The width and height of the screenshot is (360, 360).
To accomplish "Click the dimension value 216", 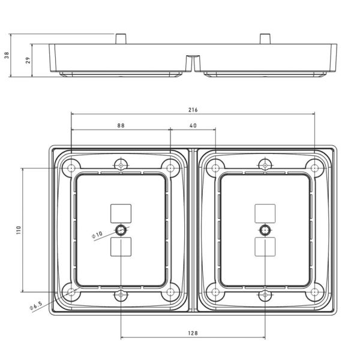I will click(x=193, y=110).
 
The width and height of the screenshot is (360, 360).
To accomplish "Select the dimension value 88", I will click(x=121, y=126).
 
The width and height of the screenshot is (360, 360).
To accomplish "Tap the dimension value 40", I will click(x=193, y=126).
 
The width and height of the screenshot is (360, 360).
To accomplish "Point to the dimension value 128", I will click(x=193, y=332).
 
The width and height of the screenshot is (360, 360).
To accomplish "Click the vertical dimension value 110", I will click(x=19, y=230).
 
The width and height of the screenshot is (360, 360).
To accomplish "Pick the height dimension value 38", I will click(x=7, y=55).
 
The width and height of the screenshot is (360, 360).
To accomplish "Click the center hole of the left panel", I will click(x=121, y=230).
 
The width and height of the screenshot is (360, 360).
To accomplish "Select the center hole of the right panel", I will click(x=265, y=230).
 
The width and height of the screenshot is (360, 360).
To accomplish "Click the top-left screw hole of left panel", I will click(x=71, y=167).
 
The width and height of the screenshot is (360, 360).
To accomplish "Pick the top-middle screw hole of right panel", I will click(x=265, y=164).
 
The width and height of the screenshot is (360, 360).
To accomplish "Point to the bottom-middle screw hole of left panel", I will click(x=121, y=296).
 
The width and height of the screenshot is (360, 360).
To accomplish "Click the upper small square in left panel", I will click(x=121, y=213).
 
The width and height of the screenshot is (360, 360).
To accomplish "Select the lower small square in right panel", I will click(x=265, y=247).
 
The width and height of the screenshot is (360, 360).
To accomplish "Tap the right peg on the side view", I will click(x=264, y=38).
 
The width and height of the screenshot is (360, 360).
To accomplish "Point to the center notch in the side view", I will click(x=193, y=62).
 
